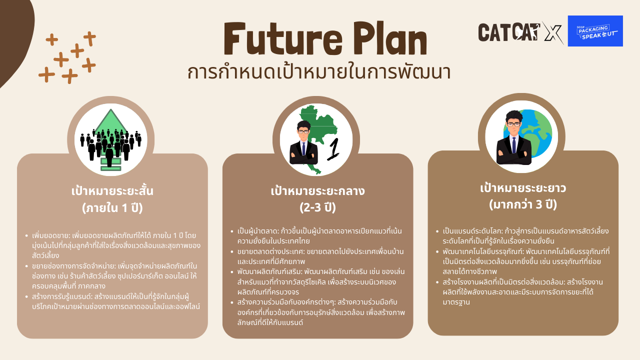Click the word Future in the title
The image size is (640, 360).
[x=283, y=38]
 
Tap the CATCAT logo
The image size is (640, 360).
[x=509, y=32]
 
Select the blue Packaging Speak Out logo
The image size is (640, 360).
[x=595, y=31]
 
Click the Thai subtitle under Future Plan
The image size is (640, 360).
[x=319, y=72]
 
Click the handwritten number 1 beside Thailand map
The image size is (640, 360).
[x=333, y=149]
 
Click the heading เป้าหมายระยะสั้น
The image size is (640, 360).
[x=112, y=191]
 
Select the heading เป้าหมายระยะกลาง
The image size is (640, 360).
[x=317, y=191]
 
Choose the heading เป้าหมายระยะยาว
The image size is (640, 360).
[x=523, y=188]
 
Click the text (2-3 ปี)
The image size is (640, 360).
[x=317, y=207]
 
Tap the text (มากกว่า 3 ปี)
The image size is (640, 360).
[x=523, y=204]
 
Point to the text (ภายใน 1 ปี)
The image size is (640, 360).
[x=112, y=207]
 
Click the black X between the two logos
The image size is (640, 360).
[x=552, y=32]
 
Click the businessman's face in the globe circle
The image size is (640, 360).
[x=513, y=125]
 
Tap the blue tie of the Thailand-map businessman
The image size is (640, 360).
[x=303, y=148]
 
